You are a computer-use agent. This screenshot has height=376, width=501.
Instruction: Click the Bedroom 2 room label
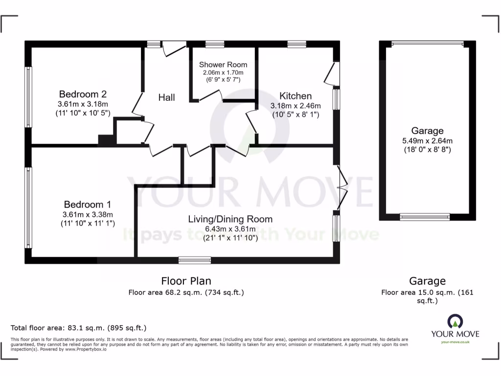coord(83,94)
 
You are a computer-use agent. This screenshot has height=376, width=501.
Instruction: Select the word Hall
coord(166,97)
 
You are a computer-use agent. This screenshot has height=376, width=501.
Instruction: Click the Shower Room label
coord(223,65)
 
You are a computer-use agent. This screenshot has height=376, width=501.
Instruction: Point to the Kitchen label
coord(296,96)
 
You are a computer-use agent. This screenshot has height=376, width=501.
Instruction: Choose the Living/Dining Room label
coord(230,219)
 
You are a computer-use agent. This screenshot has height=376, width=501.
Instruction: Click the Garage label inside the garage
coord(427,131)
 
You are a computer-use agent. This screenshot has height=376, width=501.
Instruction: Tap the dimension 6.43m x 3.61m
coord(230,229)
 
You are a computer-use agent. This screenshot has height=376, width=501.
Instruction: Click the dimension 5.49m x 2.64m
coord(427,141)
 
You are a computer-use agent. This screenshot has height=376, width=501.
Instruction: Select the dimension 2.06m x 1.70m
coord(223,72)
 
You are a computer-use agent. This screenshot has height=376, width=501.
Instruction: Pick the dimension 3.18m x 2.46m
coord(296,106)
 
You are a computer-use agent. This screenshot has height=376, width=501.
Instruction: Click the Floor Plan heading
coord(186,281)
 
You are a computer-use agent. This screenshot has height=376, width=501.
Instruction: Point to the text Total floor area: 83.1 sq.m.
coord(78,328)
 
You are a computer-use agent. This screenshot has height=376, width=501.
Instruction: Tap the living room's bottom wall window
coord(194,260)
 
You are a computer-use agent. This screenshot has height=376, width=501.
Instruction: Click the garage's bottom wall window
coord(425,216)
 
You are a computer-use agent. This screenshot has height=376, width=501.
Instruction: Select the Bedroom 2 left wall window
coord(29,97)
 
